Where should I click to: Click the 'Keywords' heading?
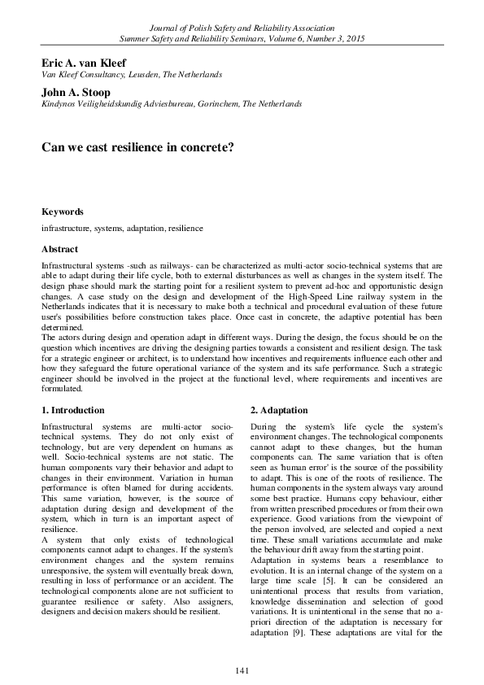click(62, 212)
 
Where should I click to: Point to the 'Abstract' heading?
click(59, 249)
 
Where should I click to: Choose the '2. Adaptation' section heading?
click(280, 409)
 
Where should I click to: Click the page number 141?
click(242, 669)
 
